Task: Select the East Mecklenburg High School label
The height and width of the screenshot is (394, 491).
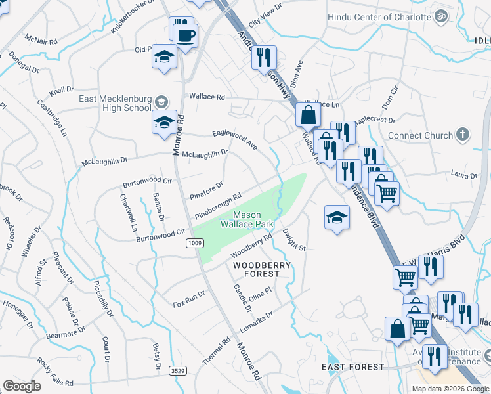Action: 116,103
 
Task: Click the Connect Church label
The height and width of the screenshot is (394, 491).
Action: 421,135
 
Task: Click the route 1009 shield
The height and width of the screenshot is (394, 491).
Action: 194,244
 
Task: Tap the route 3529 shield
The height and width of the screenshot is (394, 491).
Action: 176,371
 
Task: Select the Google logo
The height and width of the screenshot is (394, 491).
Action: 22,385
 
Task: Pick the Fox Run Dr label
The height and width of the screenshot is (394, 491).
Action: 189,300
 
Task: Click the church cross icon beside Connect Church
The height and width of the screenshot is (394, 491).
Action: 463,135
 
